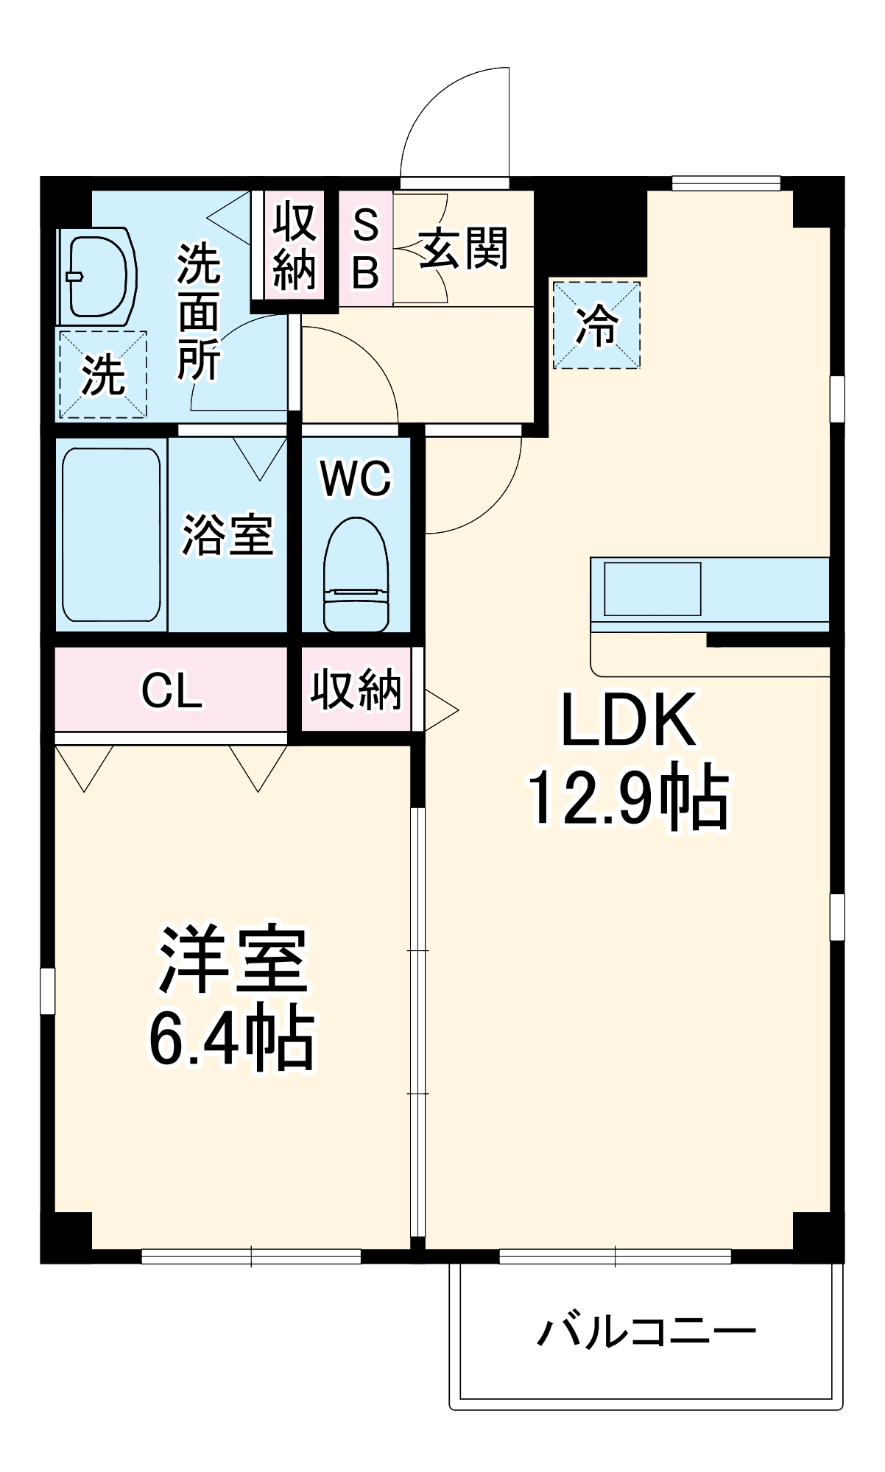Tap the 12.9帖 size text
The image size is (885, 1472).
click(x=627, y=799)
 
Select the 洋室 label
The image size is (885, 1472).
click(x=233, y=960)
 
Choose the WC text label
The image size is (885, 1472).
click(x=356, y=479)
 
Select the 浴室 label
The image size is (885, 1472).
click(x=228, y=535)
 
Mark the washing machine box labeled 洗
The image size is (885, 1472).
click(x=102, y=375)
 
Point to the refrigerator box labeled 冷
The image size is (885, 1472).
click(x=596, y=325)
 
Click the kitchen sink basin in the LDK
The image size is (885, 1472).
click(x=652, y=589)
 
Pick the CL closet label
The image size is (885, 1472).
click(x=172, y=691)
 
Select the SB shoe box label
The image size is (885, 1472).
click(x=365, y=248)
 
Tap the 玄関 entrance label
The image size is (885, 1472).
click(x=463, y=248)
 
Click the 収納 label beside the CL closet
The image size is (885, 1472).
click(x=356, y=690)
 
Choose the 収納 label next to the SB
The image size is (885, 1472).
click(x=295, y=247)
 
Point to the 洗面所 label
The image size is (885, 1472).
click(x=198, y=312)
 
